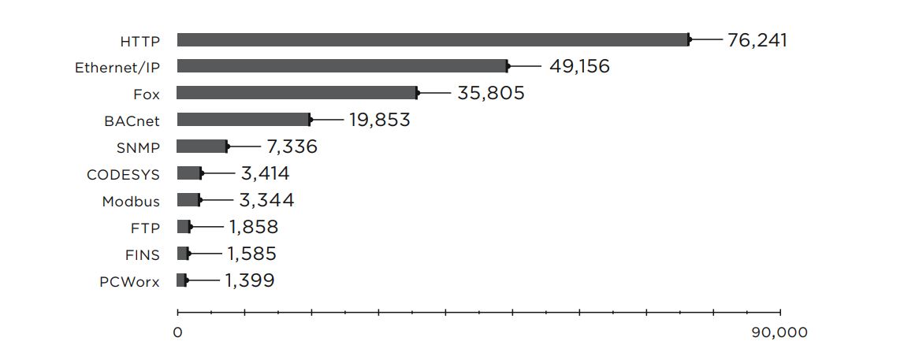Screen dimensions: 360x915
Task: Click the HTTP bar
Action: coord(433,40)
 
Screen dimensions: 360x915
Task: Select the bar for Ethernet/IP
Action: coord(342,66)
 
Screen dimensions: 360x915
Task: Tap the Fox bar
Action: coord(297,93)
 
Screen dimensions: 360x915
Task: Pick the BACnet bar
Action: coord(244,120)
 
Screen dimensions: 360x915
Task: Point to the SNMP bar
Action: coord(202,147)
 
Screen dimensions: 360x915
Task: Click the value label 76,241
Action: coord(757,40)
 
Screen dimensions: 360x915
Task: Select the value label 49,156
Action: coord(579,66)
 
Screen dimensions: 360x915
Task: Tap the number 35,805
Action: coord(491,93)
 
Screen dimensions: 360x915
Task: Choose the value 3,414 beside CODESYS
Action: coord(265,173)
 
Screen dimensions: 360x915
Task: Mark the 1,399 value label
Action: coord(250,280)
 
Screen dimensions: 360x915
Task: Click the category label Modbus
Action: coord(130,201)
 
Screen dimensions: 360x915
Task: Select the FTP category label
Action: coord(145,228)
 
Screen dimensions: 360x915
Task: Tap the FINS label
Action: coord(142,254)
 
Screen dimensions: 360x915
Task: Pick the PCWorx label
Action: coord(129,281)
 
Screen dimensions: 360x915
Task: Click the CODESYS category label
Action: coord(123,174)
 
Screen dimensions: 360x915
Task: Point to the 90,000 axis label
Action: coord(780,332)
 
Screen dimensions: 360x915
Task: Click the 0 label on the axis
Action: coord(177,332)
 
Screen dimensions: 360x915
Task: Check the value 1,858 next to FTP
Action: coord(254,227)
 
